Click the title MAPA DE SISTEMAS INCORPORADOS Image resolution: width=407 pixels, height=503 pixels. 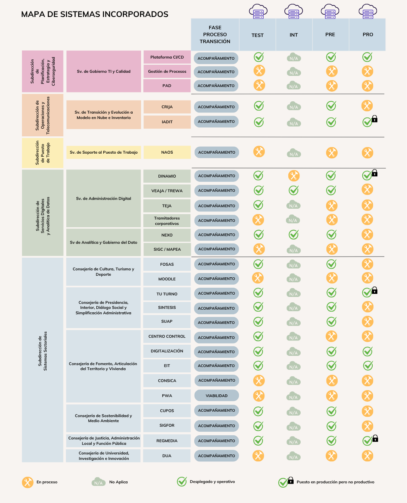click(x=95, y=15)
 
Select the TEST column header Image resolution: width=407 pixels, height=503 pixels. click(x=257, y=35)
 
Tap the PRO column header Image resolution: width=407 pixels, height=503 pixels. click(x=368, y=35)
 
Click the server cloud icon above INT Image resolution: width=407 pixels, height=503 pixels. click(x=294, y=11)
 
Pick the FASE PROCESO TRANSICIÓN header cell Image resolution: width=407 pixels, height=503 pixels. click(x=215, y=35)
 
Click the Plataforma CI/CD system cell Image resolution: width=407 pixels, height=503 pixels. click(x=167, y=57)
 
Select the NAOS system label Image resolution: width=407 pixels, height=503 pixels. click(x=167, y=153)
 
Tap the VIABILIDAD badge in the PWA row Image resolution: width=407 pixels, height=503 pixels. click(x=217, y=396)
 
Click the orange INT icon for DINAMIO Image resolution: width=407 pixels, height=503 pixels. click(x=294, y=176)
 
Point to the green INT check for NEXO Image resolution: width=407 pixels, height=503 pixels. click(x=294, y=234)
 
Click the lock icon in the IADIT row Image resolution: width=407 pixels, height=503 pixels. click(x=375, y=119)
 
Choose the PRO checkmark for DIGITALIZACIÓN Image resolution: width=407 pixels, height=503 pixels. click(x=368, y=351)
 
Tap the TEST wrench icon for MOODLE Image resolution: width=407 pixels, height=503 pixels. click(x=257, y=278)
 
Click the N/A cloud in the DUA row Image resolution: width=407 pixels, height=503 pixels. click(x=294, y=456)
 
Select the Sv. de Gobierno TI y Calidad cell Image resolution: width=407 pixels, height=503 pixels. click(x=104, y=72)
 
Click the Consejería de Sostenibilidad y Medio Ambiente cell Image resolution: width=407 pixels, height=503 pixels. click(x=103, y=418)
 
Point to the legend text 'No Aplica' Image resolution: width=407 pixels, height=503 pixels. click(x=118, y=482)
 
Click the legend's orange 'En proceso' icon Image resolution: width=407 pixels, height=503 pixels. click(x=27, y=482)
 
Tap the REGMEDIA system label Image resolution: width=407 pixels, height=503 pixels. click(x=167, y=441)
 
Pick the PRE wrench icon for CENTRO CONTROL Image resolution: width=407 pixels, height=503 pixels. click(x=331, y=336)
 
